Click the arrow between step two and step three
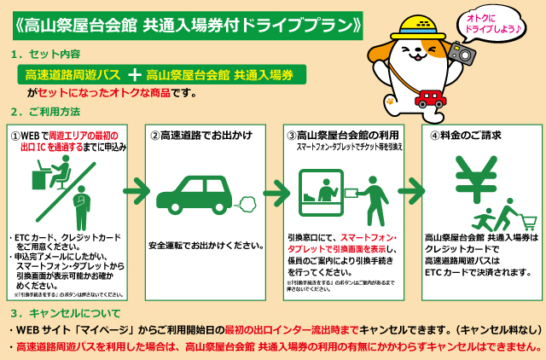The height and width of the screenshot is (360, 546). pyautogui.click(x=275, y=189)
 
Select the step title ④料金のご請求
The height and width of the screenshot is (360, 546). pyautogui.click(x=465, y=135)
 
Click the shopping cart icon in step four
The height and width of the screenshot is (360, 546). pyautogui.click(x=527, y=222)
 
